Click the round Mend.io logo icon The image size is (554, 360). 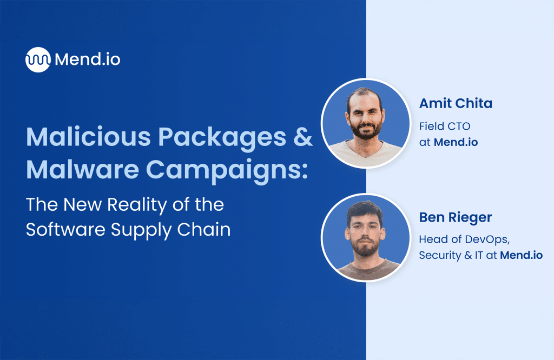click(x=38, y=59)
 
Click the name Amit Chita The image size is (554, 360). click(x=456, y=104)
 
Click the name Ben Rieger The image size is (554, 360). click(x=455, y=217)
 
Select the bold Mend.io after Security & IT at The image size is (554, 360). click(x=521, y=256)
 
